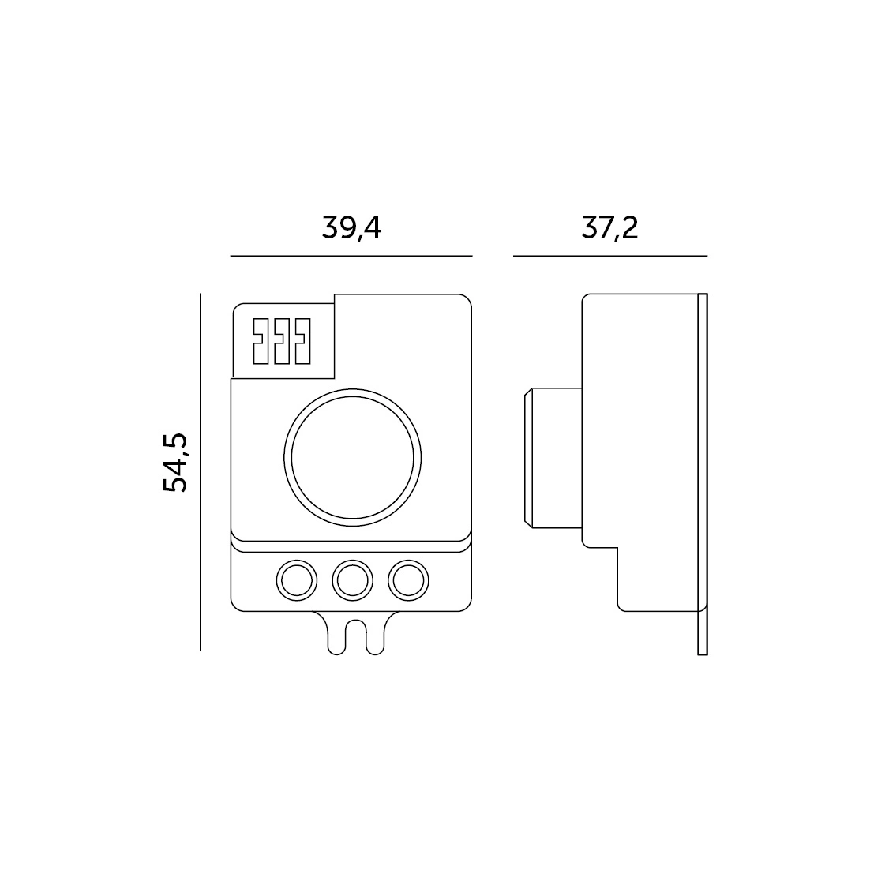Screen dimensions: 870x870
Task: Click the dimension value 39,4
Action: click(x=352, y=227)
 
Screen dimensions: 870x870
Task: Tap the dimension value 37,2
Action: click(x=609, y=227)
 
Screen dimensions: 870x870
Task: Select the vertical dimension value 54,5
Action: click(x=175, y=463)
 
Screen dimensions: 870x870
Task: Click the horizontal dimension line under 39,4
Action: click(x=351, y=256)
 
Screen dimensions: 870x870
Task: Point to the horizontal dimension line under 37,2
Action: click(x=610, y=256)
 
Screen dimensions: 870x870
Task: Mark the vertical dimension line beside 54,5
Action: click(x=201, y=471)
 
